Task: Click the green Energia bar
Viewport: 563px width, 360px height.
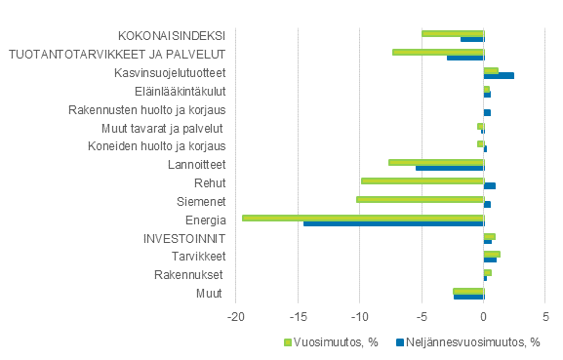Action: click(x=363, y=218)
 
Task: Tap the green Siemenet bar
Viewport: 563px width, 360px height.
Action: click(x=421, y=199)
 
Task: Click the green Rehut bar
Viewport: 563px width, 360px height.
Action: click(x=422, y=180)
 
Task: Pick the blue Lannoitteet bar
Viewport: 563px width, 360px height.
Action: click(x=450, y=168)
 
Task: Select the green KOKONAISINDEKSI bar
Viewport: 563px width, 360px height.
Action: click(x=453, y=33)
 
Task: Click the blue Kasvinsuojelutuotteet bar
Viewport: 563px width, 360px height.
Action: click(x=499, y=75)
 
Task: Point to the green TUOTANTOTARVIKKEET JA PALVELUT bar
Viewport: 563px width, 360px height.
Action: click(x=438, y=52)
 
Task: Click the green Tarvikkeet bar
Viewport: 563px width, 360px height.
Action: click(x=492, y=254)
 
